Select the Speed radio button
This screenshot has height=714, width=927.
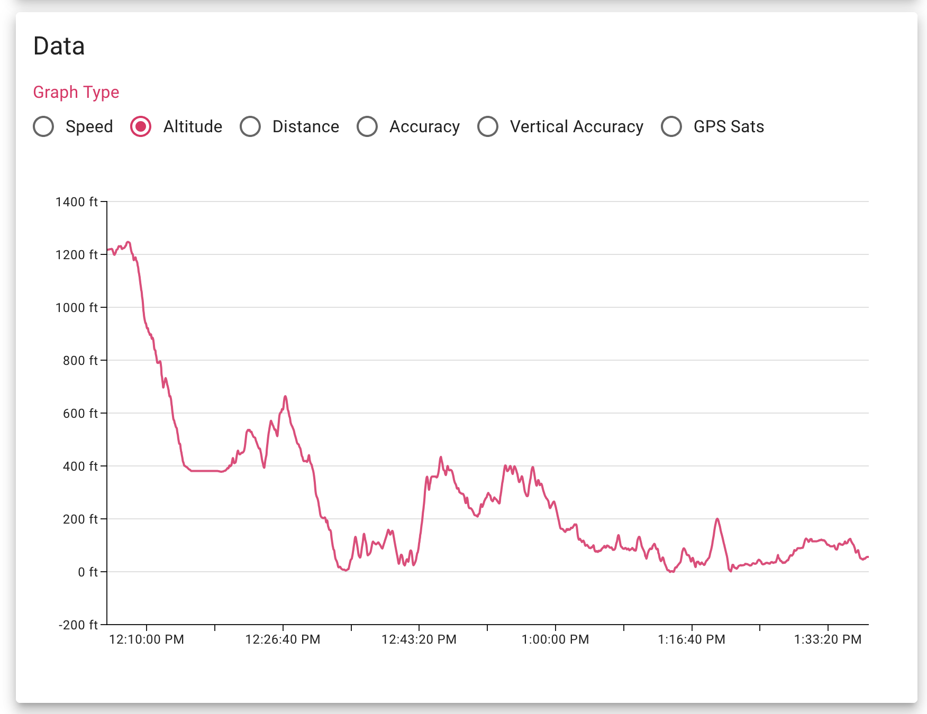point(43,127)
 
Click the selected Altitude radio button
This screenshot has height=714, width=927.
point(141,127)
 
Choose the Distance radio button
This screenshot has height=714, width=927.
point(250,127)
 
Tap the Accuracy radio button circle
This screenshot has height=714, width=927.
point(367,127)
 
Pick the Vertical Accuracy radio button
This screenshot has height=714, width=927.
point(488,127)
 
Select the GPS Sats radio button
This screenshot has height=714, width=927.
point(671,127)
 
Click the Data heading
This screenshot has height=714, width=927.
point(59,46)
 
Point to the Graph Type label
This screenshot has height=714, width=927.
point(76,92)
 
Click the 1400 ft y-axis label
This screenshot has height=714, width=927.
point(77,202)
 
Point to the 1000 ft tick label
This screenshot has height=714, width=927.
point(77,308)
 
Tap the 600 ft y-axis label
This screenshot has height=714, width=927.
point(80,414)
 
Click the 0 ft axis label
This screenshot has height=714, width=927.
point(88,572)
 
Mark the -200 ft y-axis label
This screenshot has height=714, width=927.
point(78,625)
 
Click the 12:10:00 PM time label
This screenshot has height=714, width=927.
point(147,639)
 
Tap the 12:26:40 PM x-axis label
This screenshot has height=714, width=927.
point(283,639)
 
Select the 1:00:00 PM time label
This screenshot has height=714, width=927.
point(556,639)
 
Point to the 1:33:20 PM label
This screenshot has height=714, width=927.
point(828,639)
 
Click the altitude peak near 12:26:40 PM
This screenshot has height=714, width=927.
point(285,396)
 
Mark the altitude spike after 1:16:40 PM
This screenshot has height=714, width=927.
point(717,519)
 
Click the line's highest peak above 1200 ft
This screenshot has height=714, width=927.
point(128,242)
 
